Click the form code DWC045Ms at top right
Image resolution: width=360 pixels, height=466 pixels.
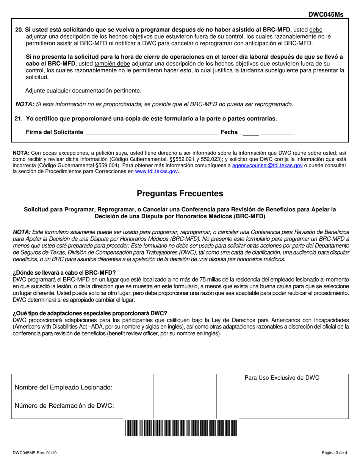coord(326,14)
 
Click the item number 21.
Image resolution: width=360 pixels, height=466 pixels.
coord(19,119)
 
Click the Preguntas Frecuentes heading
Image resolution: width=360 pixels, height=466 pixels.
coord(180,194)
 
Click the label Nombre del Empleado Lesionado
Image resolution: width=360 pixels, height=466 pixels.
coord(63,387)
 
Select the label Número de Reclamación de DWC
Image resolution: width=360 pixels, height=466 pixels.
coord(64,406)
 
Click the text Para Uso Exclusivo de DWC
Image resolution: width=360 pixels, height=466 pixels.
coord(282,378)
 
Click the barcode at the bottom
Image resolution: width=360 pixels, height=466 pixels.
coord(180,428)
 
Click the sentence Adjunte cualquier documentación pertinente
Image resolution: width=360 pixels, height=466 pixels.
coord(83,91)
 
